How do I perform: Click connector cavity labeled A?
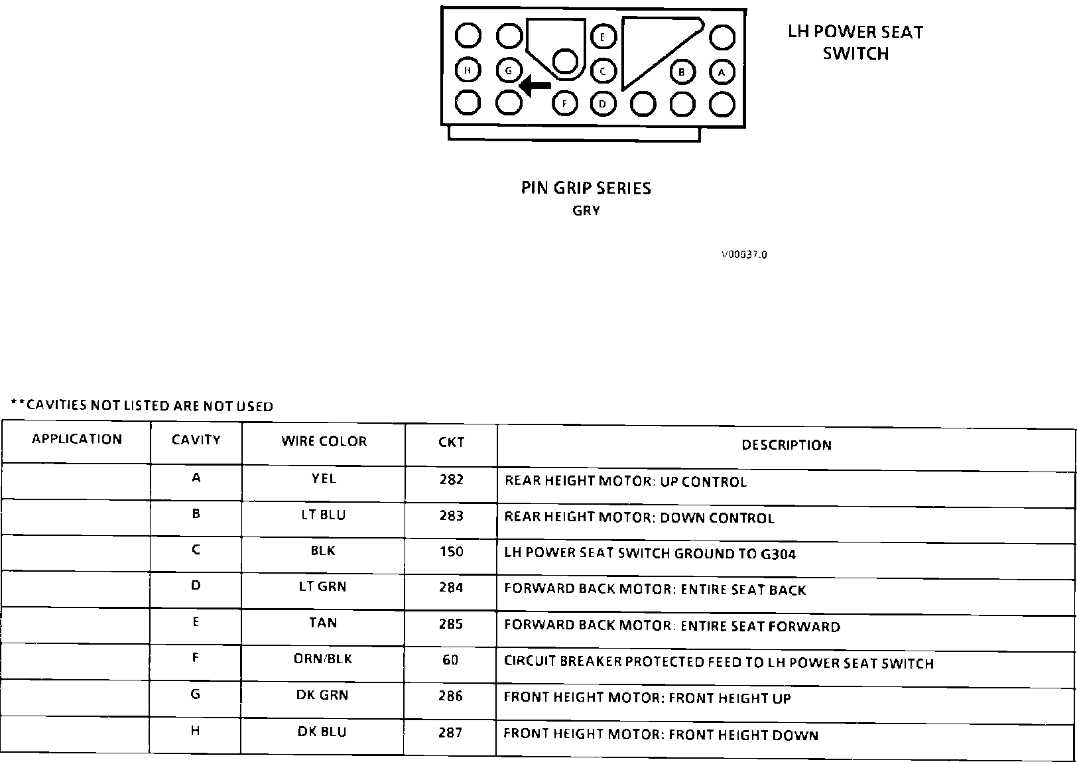pyautogui.click(x=722, y=72)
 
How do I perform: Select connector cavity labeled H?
pyautogui.click(x=468, y=70)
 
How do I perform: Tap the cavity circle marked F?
pyautogui.click(x=564, y=103)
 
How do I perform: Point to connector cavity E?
pyautogui.click(x=603, y=37)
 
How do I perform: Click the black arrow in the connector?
pyautogui.click(x=535, y=86)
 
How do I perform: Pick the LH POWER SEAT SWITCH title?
pyautogui.click(x=855, y=42)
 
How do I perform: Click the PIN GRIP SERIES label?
pyautogui.click(x=586, y=188)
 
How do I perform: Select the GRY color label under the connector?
pyautogui.click(x=586, y=211)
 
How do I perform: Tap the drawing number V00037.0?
pyautogui.click(x=744, y=255)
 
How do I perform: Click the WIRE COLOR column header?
pyautogui.click(x=324, y=442)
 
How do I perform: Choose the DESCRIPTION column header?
pyautogui.click(x=786, y=445)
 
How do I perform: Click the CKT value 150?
pyautogui.click(x=451, y=552)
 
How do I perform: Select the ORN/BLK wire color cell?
pyautogui.click(x=323, y=659)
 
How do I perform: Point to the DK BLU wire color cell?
pyautogui.click(x=322, y=732)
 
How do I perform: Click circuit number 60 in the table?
pyautogui.click(x=450, y=661)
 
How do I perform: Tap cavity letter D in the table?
pyautogui.click(x=196, y=586)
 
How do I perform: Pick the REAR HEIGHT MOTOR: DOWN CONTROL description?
pyautogui.click(x=639, y=517)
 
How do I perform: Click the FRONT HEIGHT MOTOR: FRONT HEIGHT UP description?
pyautogui.click(x=647, y=698)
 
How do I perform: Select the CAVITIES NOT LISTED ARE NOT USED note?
pyautogui.click(x=142, y=406)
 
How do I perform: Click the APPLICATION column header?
pyautogui.click(x=77, y=439)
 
